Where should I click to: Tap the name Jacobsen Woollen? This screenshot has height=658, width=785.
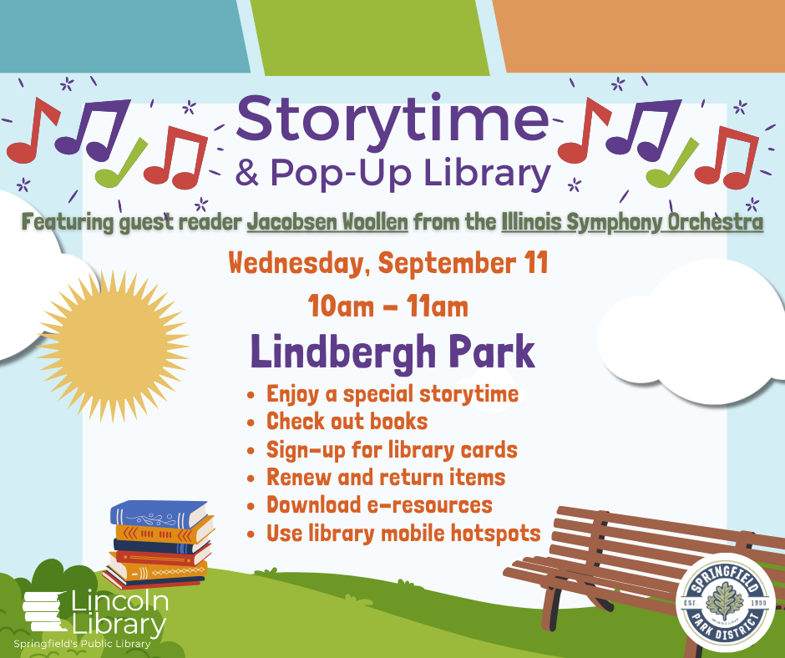[327, 222]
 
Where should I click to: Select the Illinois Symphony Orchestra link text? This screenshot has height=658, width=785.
[632, 222]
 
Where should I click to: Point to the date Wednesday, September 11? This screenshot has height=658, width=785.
[388, 263]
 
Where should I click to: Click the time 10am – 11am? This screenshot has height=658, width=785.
[388, 306]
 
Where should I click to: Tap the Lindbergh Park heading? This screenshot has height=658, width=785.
[393, 352]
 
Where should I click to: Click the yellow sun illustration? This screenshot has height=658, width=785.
[114, 346]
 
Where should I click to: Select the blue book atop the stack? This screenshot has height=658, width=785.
[159, 514]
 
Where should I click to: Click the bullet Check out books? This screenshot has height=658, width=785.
[347, 422]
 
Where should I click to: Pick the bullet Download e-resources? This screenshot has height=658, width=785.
[379, 504]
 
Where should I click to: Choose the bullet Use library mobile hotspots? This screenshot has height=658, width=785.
[403, 534]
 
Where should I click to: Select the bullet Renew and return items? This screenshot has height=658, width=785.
[386, 478]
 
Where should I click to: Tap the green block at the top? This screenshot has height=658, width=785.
[369, 37]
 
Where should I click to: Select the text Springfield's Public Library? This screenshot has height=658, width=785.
[82, 644]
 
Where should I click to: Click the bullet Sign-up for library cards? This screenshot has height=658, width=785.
[392, 450]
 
